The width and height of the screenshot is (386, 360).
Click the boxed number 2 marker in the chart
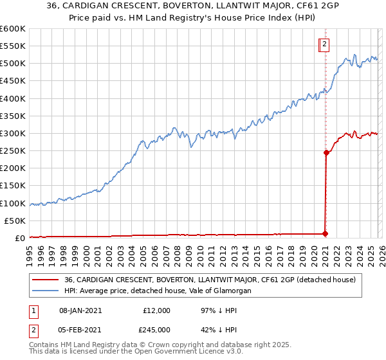[325, 44]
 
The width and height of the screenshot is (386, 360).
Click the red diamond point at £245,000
[326, 153]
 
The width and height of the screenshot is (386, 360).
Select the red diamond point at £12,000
[326, 234]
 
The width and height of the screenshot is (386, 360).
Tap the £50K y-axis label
[15, 221]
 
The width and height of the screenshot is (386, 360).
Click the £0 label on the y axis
[19, 238]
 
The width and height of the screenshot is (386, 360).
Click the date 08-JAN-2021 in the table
[80, 310]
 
